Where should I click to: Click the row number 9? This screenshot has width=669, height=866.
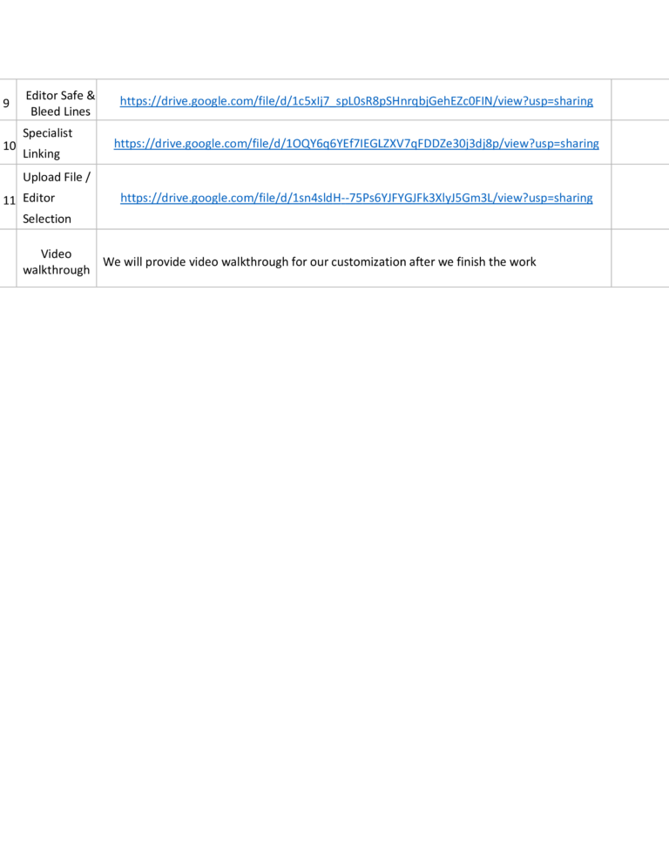tap(6, 104)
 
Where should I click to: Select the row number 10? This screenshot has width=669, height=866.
tap(10, 145)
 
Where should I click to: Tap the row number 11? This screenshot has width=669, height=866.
tap(10, 200)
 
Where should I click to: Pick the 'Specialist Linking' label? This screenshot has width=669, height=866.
tap(48, 143)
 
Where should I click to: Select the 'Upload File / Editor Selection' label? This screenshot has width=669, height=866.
tap(57, 198)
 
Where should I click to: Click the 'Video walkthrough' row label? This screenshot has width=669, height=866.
tap(57, 261)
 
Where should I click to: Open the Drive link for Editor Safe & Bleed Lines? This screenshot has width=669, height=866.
tap(356, 101)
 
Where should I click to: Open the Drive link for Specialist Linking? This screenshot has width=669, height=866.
tap(356, 144)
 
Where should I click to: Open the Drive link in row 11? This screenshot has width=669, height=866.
tap(356, 198)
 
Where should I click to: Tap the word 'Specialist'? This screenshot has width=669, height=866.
tap(48, 133)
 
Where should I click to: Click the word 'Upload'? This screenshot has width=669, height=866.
tap(40, 177)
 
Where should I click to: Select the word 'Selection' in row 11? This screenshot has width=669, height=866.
tap(47, 219)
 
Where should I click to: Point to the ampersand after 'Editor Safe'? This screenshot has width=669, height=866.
tap(91, 95)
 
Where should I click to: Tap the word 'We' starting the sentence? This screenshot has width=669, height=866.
tap(111, 261)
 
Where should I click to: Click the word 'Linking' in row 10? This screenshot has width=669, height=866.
tap(42, 154)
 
